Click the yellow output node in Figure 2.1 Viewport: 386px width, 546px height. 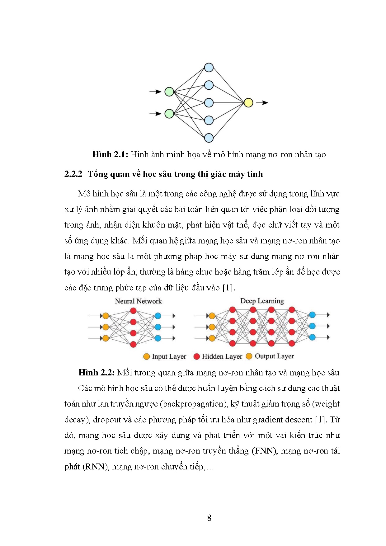click(x=248, y=103)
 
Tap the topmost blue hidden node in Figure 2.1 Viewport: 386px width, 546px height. click(x=209, y=68)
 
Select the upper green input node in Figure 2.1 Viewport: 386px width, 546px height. click(x=169, y=92)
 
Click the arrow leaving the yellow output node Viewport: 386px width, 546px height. click(x=262, y=103)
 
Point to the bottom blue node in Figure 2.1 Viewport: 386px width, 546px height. click(x=209, y=138)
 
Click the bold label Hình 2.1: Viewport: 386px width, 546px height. click(x=110, y=154)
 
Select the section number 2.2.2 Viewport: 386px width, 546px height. click(x=73, y=174)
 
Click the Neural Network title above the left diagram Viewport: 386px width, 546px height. click(x=138, y=301)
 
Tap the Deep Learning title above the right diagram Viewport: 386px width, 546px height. click(x=262, y=301)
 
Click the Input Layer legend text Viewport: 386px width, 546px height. click(x=169, y=357)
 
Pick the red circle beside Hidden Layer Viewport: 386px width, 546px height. click(x=196, y=356)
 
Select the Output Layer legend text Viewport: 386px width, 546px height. click(x=274, y=356)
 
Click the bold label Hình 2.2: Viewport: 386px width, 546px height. click(x=96, y=373)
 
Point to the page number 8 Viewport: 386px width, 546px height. click(x=209, y=518)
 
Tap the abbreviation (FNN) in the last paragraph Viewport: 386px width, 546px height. click(x=264, y=451)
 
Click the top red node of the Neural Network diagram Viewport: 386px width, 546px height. click(x=133, y=311)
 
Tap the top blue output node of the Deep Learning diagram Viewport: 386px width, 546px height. click(x=312, y=315)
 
